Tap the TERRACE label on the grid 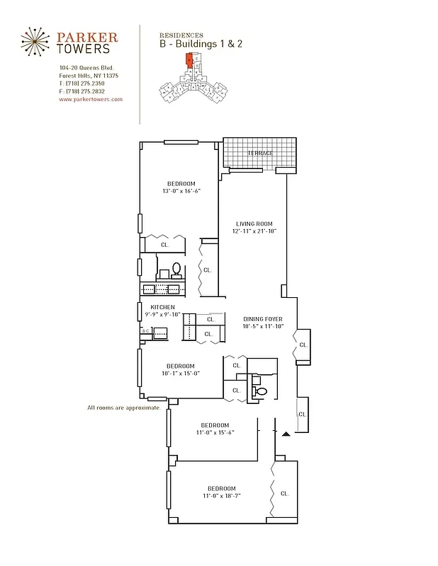click(x=260, y=153)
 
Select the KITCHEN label click(x=162, y=307)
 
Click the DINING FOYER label click(x=263, y=319)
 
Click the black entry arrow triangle click(x=286, y=434)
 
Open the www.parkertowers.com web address click(x=91, y=100)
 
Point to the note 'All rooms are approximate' click(x=124, y=408)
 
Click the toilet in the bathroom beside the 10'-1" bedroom click(x=260, y=391)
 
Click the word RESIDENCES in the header click(x=181, y=35)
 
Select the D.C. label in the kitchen click(x=145, y=330)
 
